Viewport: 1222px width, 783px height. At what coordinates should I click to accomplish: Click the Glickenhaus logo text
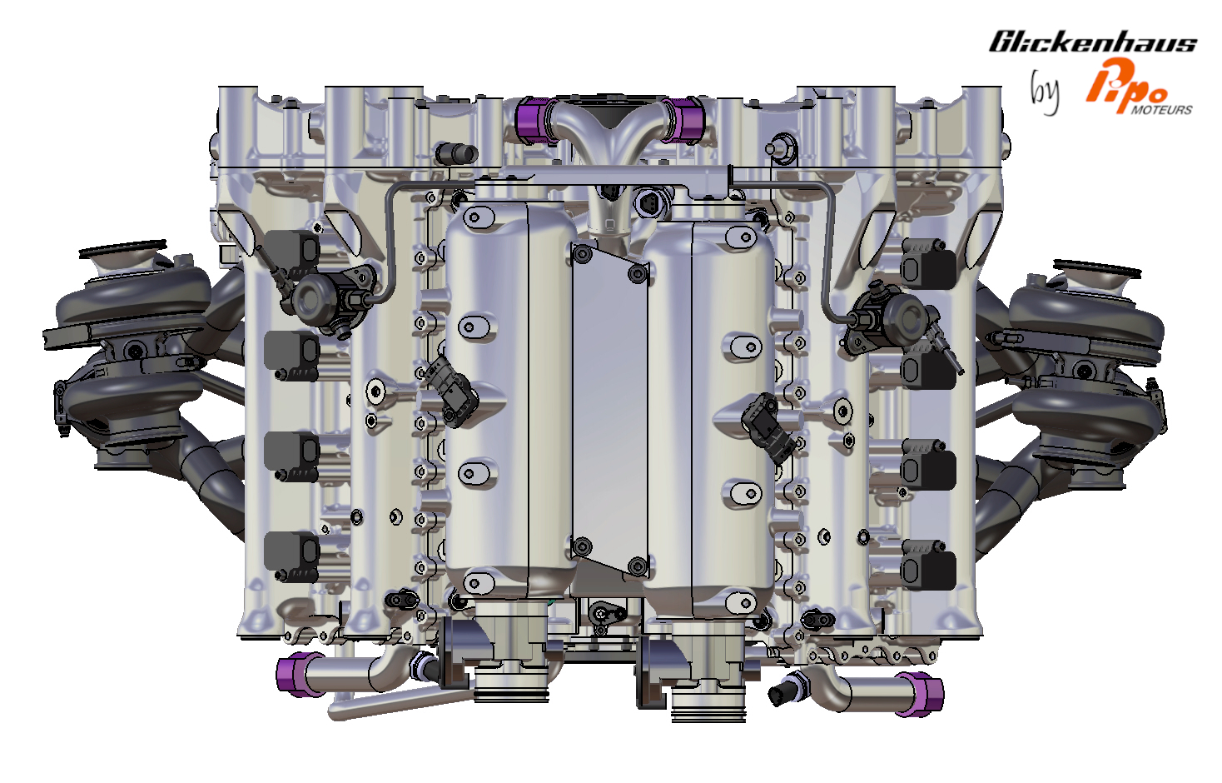click(x=1093, y=42)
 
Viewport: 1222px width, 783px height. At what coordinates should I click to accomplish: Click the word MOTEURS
click(x=1161, y=110)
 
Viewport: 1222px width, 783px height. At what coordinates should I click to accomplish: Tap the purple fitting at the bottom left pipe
click(x=294, y=675)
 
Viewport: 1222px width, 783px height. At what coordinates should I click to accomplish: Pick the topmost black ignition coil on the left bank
click(x=292, y=252)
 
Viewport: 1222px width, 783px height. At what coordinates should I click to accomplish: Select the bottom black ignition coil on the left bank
click(x=291, y=557)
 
